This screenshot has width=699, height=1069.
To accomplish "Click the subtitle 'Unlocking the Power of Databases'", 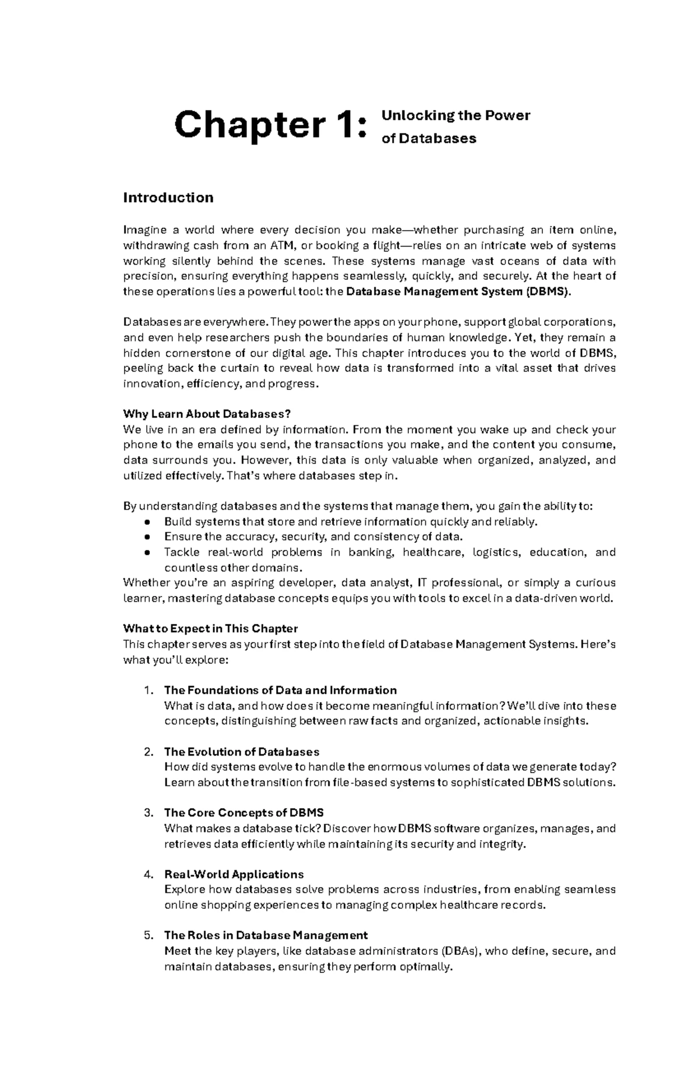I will tap(455, 126).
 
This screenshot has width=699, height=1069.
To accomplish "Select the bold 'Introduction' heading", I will tap(168, 197).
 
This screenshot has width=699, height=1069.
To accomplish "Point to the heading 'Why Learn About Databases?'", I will tap(206, 414).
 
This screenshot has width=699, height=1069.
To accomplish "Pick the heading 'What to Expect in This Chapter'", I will tap(210, 629).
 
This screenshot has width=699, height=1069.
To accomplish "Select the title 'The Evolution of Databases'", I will tap(242, 752).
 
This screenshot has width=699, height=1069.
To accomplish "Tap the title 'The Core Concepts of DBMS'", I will tap(243, 813).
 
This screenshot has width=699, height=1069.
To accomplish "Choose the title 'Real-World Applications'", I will tap(234, 874).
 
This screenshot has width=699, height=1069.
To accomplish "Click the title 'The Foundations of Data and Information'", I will tap(280, 690).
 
